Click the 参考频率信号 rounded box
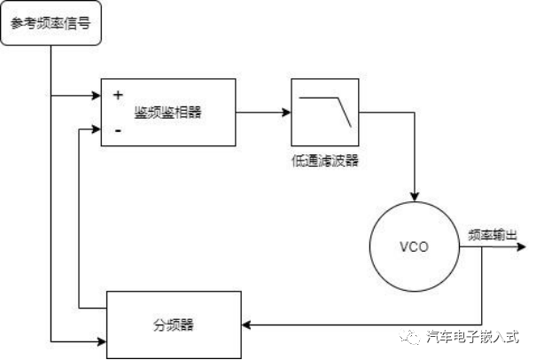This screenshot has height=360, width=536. [50, 23]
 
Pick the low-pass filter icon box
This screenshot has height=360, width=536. [326, 113]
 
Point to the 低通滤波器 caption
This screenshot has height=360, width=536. [325, 160]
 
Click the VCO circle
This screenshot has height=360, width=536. [415, 247]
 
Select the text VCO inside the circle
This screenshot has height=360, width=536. [415, 247]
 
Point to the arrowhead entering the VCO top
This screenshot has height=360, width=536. [415, 200]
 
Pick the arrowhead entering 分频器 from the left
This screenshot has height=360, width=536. [100, 340]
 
